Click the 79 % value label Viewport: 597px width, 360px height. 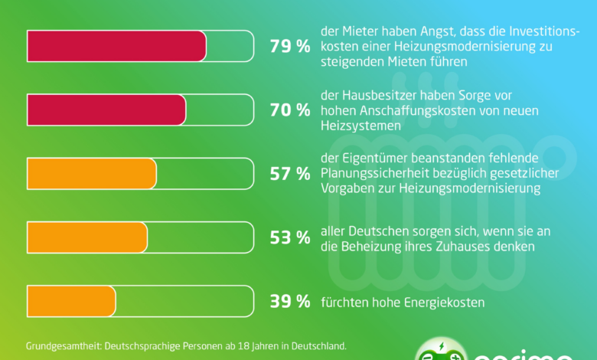click(289, 46)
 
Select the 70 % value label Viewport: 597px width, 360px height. click(289, 110)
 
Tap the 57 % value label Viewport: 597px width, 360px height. click(289, 174)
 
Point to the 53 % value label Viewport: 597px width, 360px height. click(289, 237)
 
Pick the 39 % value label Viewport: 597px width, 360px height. click(289, 302)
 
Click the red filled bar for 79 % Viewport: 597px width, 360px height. click(116, 46)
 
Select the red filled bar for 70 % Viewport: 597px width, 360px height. click(106, 110)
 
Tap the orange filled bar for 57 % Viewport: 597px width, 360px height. click(91, 173)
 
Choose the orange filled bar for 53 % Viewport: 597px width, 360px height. click(86, 237)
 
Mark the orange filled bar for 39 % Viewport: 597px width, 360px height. click(71, 301)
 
